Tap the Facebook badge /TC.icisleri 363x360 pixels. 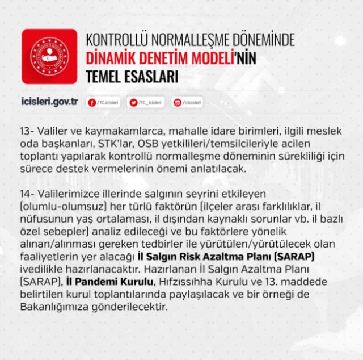coord(102,102)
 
